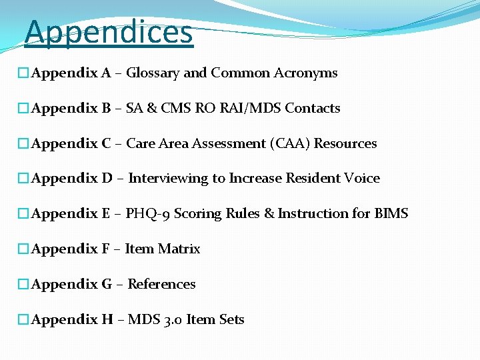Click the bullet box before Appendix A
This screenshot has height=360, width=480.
(23, 73)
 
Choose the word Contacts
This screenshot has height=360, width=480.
(313, 108)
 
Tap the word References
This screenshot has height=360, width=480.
(161, 285)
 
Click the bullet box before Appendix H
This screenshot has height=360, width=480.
(23, 320)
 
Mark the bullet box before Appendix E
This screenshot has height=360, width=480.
(23, 214)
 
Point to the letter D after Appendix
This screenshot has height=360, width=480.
(107, 179)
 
